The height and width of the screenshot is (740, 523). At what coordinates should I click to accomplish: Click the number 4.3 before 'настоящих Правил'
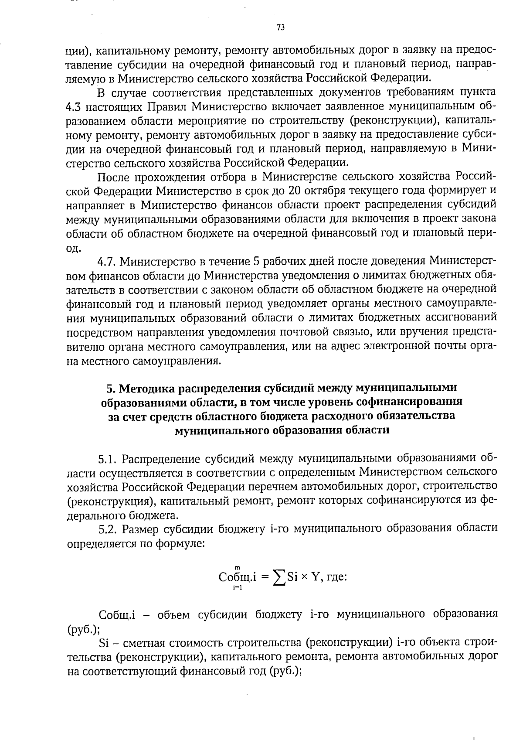point(74,106)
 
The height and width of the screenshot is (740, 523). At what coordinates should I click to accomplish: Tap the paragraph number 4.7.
point(107,261)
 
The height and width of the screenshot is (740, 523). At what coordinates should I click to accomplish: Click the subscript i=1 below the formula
point(238,588)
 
